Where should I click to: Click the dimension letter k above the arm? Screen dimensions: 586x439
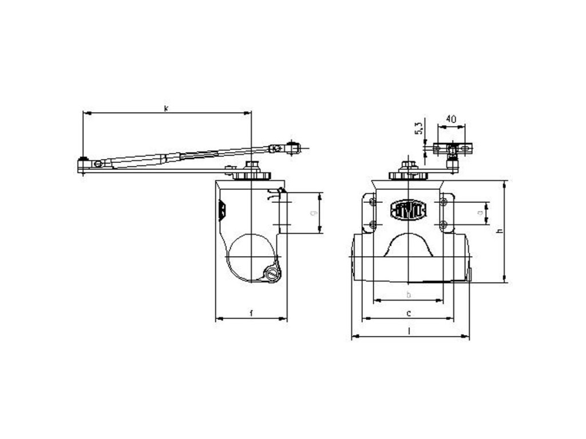(166, 107)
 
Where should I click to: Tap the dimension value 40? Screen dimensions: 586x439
(451, 119)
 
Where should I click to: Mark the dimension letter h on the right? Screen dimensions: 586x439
(499, 231)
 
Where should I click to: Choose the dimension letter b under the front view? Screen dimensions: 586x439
(408, 294)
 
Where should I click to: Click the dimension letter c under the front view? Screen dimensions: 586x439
(408, 313)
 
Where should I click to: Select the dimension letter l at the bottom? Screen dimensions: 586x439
(410, 331)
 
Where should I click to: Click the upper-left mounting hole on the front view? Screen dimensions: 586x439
(373, 202)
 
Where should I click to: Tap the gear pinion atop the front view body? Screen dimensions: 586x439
(408, 174)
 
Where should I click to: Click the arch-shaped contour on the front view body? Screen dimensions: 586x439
(408, 246)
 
